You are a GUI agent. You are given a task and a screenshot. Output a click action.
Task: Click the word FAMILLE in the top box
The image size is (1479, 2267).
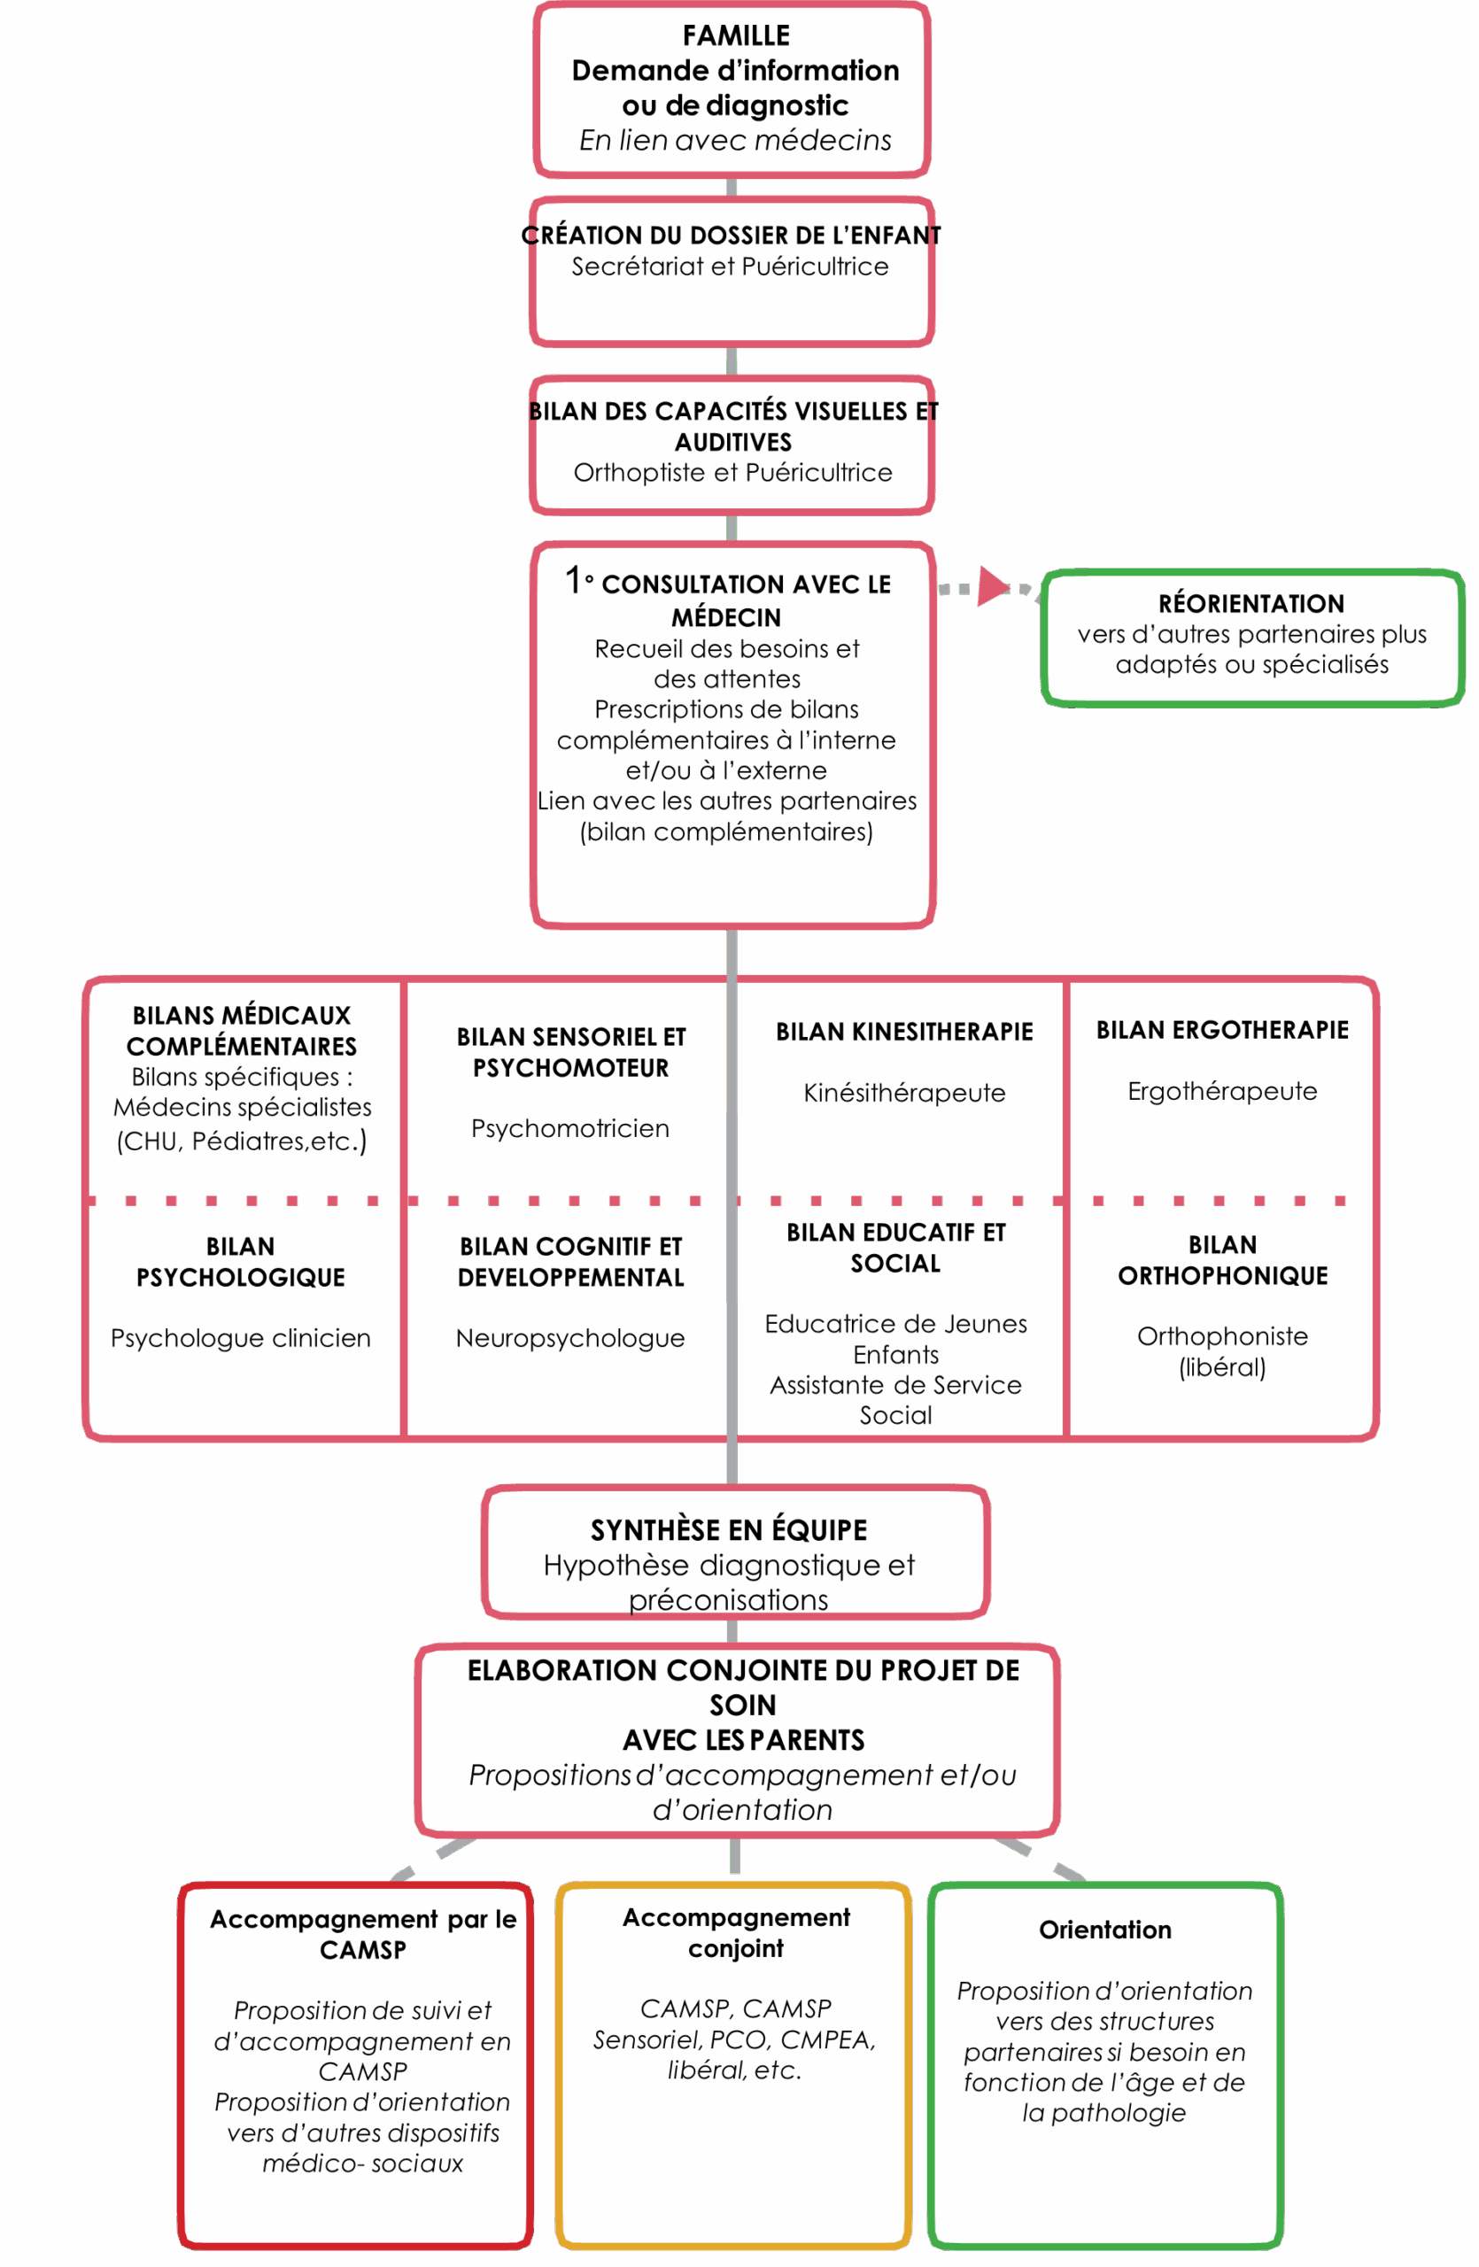(x=736, y=36)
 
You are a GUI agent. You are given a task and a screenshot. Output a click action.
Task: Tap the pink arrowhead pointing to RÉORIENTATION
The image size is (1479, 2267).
(x=994, y=586)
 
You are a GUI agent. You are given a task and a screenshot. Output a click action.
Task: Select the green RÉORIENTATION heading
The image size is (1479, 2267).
(x=1251, y=604)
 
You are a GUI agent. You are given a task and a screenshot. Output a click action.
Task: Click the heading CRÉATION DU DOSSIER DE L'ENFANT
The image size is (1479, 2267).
(x=732, y=236)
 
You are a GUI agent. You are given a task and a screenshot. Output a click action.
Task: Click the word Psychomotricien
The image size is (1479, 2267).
(x=570, y=1129)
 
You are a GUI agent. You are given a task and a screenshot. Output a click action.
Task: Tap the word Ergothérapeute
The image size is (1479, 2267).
(x=1223, y=1092)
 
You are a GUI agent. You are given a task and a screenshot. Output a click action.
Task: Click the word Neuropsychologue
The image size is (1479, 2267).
(x=570, y=1339)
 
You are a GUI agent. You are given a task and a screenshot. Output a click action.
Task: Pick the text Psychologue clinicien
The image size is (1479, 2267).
(x=241, y=1339)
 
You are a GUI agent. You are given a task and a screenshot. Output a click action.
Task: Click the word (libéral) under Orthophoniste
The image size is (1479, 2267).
(x=1223, y=1368)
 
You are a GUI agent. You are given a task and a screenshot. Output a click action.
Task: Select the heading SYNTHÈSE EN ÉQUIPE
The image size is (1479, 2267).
(x=730, y=1531)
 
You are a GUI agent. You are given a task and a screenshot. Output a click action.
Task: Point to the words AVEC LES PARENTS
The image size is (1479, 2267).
(x=744, y=1741)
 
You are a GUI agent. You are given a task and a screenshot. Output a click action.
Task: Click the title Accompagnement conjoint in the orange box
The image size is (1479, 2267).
(x=736, y=1932)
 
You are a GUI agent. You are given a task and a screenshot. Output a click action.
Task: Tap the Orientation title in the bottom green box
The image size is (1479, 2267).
(x=1105, y=1930)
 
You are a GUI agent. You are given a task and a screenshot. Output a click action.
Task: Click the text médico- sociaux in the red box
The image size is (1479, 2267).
(x=363, y=2164)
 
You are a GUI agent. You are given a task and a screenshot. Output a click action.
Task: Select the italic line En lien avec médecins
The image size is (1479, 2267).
(x=736, y=141)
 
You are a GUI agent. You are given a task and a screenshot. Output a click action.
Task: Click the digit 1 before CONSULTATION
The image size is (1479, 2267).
(x=573, y=579)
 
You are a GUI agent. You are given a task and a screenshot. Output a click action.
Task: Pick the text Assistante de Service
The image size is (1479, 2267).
(x=896, y=1386)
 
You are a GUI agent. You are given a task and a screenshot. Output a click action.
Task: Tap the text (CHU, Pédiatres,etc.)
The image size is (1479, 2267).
(x=242, y=1141)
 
